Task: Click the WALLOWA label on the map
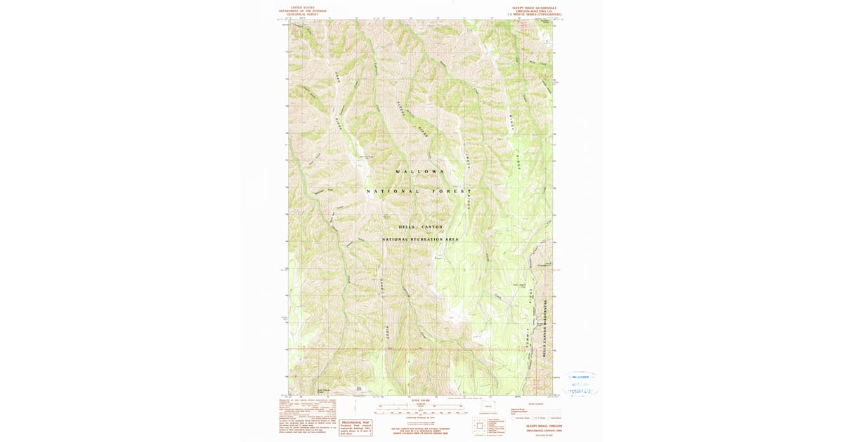coord(420,171)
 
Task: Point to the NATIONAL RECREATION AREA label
coord(420,239)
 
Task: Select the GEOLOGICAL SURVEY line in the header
coord(302,14)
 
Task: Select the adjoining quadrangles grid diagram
coord(480,425)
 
